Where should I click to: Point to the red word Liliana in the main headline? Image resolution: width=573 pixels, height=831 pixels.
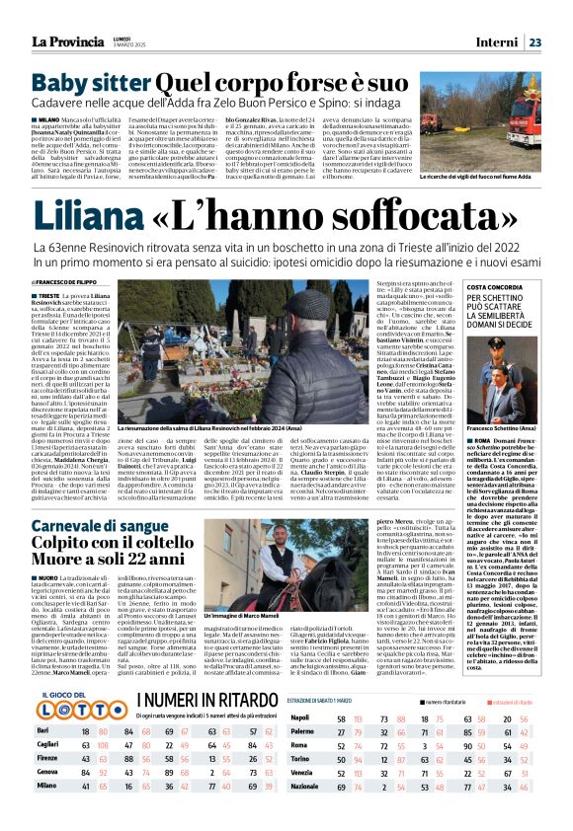97,213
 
